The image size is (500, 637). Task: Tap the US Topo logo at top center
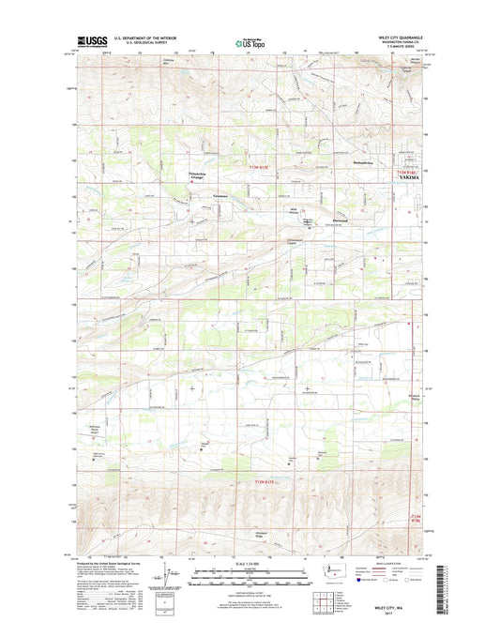tap(246, 41)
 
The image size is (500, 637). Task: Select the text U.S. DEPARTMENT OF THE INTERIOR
tap(144, 38)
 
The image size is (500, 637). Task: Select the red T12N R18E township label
tap(417, 518)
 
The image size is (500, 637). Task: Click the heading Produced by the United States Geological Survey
tap(111, 563)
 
